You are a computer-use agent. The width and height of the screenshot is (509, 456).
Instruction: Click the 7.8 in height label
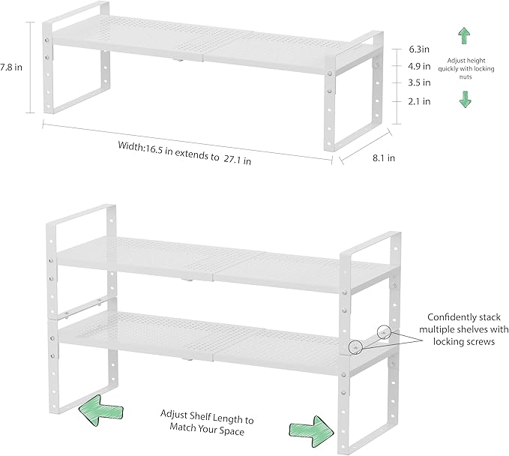tap(10, 66)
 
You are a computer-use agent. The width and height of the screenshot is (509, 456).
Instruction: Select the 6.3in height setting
tap(420, 49)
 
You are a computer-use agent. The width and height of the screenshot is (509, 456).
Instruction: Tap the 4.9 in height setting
tap(420, 66)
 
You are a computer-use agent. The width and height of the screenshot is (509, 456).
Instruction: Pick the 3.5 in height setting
tap(420, 82)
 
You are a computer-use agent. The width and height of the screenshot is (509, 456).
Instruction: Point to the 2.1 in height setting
tap(420, 100)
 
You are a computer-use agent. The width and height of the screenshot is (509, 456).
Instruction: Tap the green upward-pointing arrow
tap(464, 34)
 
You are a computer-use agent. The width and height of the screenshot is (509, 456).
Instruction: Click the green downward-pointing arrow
tap(464, 99)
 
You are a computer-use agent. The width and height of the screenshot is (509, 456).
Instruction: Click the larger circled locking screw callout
tap(356, 346)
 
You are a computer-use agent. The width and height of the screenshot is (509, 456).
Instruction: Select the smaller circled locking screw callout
tap(384, 331)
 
